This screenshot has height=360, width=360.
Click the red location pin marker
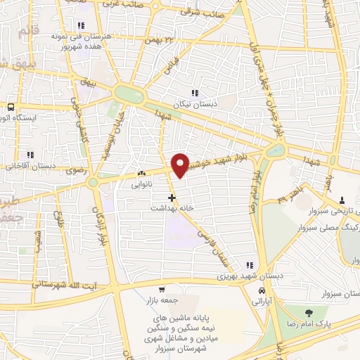(x=181, y=165)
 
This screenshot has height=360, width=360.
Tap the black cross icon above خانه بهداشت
(x=172, y=198)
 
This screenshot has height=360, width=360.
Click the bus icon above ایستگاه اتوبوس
(x=11, y=107)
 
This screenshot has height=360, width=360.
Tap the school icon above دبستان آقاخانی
(x=30, y=155)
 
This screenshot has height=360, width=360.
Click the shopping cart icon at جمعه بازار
(x=162, y=290)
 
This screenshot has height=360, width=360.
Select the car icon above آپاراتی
(x=262, y=290)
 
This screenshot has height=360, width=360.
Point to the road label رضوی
(x=75, y=171)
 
